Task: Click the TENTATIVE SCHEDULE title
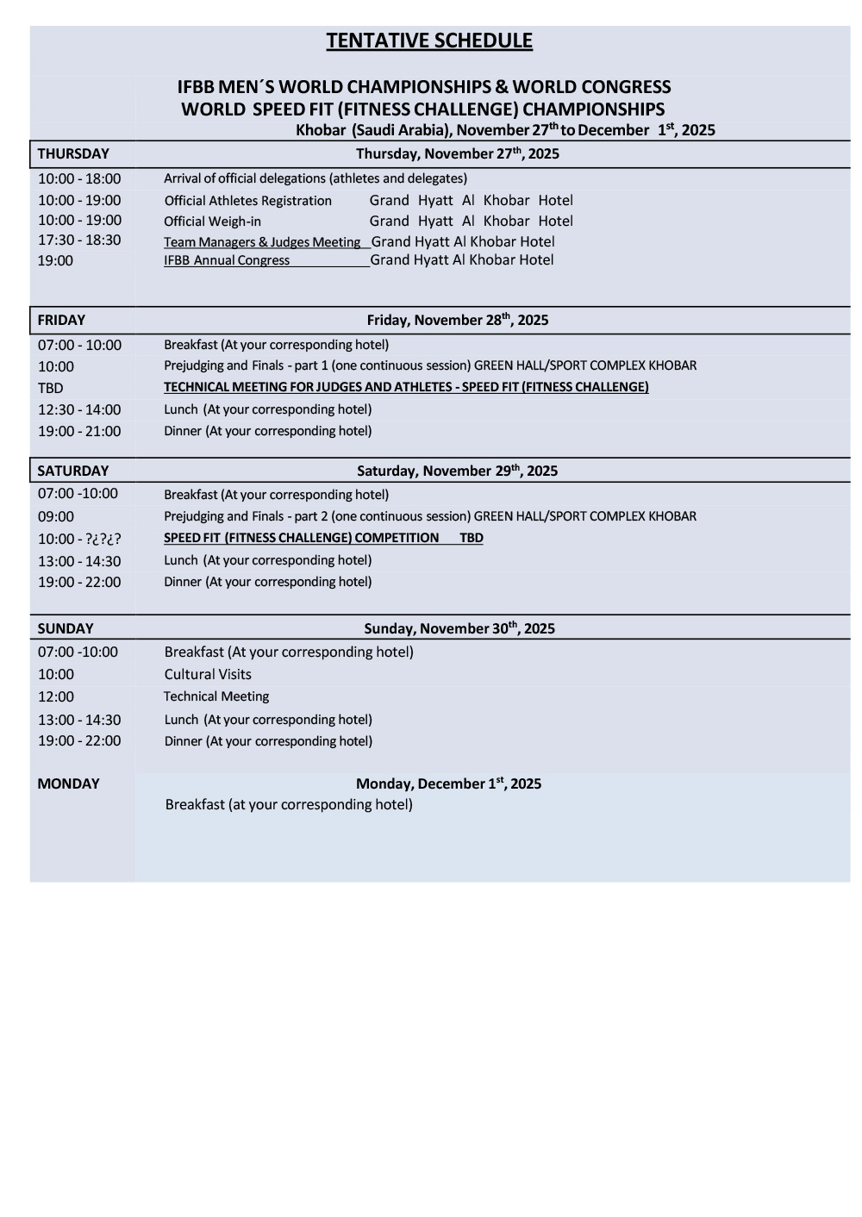click(429, 41)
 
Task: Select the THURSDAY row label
click(73, 154)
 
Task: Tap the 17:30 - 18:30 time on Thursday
click(79, 240)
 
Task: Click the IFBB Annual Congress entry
click(227, 260)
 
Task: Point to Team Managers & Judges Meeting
click(262, 242)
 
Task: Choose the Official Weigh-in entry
click(212, 222)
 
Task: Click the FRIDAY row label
click(61, 321)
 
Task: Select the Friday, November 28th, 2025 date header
click(457, 320)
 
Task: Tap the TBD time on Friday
click(50, 389)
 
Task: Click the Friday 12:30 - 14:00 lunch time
click(79, 410)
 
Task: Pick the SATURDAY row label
click(73, 471)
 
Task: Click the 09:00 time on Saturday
click(56, 517)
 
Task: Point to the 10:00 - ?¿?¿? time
click(79, 540)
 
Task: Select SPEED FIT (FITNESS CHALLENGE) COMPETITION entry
click(302, 538)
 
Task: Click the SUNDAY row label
click(66, 629)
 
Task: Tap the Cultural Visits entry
click(208, 675)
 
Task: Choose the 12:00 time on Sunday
click(56, 697)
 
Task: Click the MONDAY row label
click(68, 784)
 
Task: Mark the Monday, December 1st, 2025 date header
click(448, 783)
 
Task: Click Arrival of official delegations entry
click(315, 179)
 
